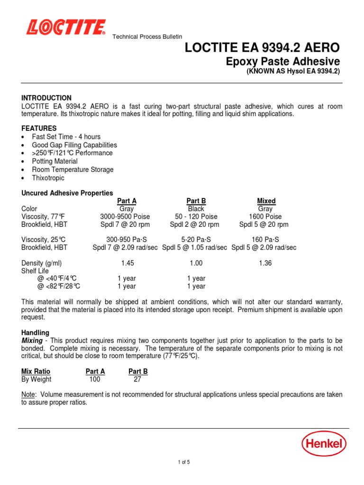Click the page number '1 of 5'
[182, 462]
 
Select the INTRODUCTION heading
[46, 98]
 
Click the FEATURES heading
[39, 128]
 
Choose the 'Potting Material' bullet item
[55, 162]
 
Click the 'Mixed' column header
[266, 201]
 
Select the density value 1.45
[127, 263]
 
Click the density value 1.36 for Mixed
[265, 263]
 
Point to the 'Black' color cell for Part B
[196, 208]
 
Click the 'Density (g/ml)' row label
[42, 263]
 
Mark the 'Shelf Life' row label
[36, 270]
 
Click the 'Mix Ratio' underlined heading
[36, 371]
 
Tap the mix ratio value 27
[137, 379]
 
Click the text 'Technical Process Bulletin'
[147, 37]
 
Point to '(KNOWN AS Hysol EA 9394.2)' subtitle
[293, 72]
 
